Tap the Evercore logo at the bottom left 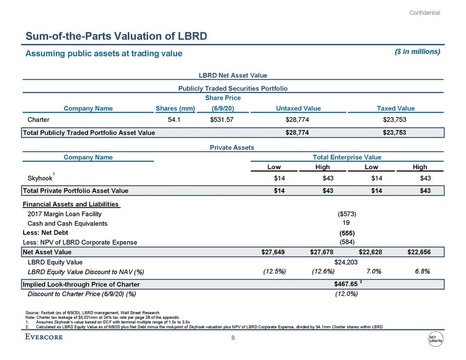click(44, 337)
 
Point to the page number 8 click(233, 338)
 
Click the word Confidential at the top click(425, 13)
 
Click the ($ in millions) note click(414, 52)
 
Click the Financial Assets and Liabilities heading click(70, 204)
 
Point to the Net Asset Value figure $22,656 click(419, 252)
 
